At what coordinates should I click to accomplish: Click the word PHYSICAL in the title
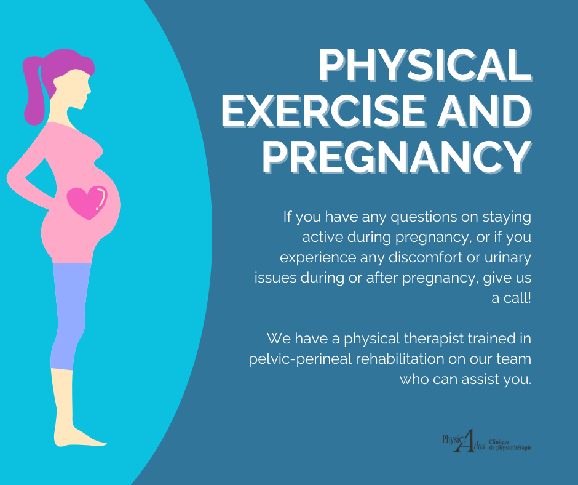coord(425,65)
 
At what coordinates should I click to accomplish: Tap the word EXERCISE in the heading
coord(323,111)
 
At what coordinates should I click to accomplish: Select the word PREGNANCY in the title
coord(397,156)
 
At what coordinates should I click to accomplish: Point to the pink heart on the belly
coord(87,202)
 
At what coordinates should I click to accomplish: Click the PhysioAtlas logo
coord(464,441)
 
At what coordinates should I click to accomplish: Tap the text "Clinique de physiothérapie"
coord(510,445)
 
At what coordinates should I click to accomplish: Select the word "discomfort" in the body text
coord(426,257)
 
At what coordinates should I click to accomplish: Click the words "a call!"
coord(511,298)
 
